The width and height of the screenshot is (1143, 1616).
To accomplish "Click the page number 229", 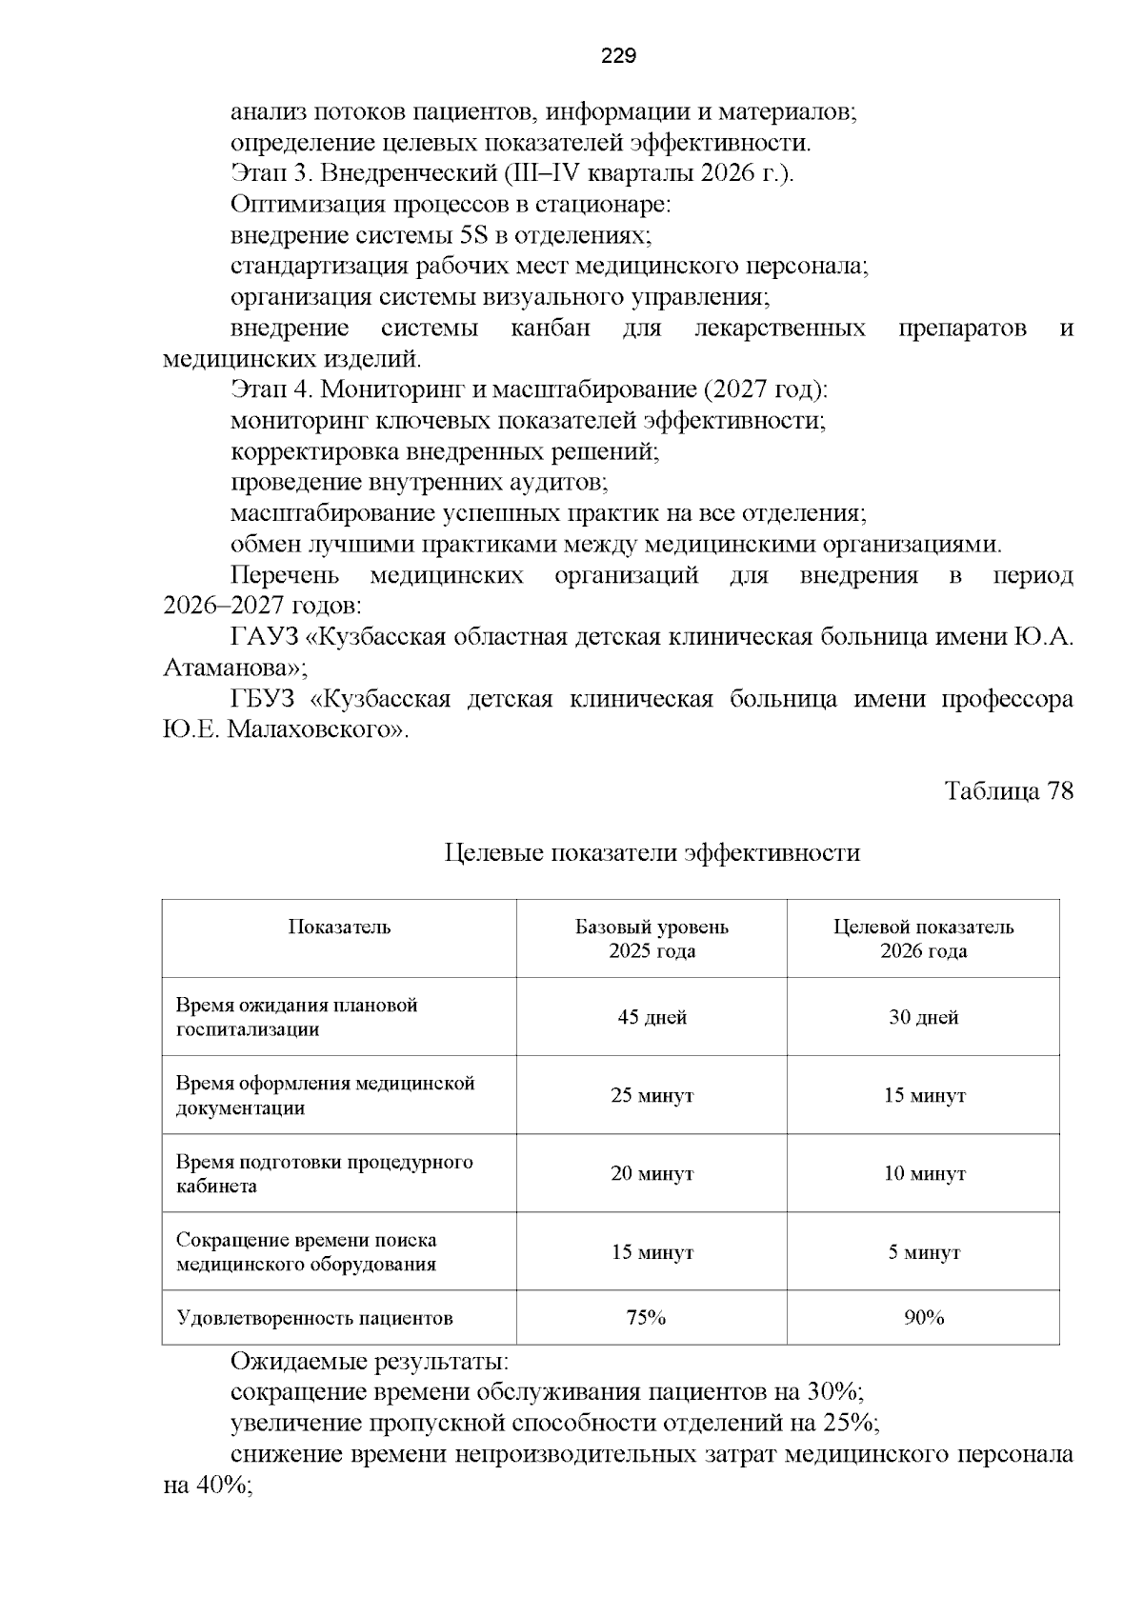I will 618,56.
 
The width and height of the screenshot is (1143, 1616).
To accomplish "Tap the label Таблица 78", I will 1008,791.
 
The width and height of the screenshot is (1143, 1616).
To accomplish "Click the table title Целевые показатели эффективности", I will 652,852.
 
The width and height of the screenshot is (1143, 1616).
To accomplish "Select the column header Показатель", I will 339,928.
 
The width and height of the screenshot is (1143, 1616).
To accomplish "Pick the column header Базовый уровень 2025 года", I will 652,939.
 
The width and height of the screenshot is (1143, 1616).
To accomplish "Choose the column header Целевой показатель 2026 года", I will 923,939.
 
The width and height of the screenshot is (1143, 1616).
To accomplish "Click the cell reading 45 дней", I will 652,1017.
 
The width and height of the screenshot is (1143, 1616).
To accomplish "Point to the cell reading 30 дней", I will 923,1017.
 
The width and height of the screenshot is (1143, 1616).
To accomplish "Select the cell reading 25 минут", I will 652,1095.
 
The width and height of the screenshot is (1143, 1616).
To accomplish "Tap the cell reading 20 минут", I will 652,1173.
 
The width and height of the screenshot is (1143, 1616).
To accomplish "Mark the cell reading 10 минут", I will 923,1173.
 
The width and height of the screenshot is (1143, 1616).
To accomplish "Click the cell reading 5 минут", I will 923,1252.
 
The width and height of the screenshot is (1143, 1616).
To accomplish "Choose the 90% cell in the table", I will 923,1318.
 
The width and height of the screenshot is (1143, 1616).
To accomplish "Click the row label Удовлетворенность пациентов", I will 314,1318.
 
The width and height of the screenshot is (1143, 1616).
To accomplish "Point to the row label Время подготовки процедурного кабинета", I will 324,1174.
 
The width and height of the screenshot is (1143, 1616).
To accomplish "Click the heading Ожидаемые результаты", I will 370,1362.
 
